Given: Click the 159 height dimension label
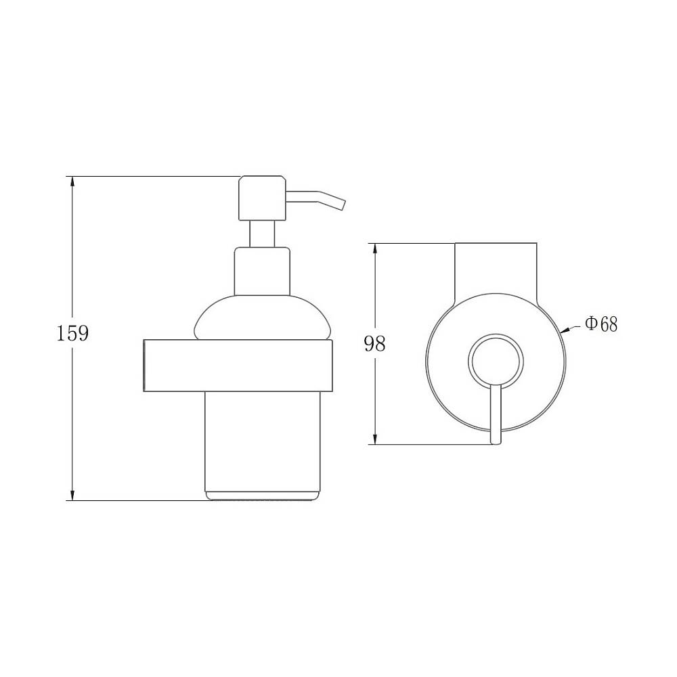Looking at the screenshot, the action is point(72,333).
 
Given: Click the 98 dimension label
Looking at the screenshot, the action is point(375,344).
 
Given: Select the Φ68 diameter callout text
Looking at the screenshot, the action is point(601,324).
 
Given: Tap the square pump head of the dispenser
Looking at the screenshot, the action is point(262,198).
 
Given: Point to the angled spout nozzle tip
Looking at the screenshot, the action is point(342,204).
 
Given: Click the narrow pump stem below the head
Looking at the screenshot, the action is point(262,234).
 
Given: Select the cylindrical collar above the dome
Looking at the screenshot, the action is point(262,271).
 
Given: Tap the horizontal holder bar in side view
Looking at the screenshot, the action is point(237,366).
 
